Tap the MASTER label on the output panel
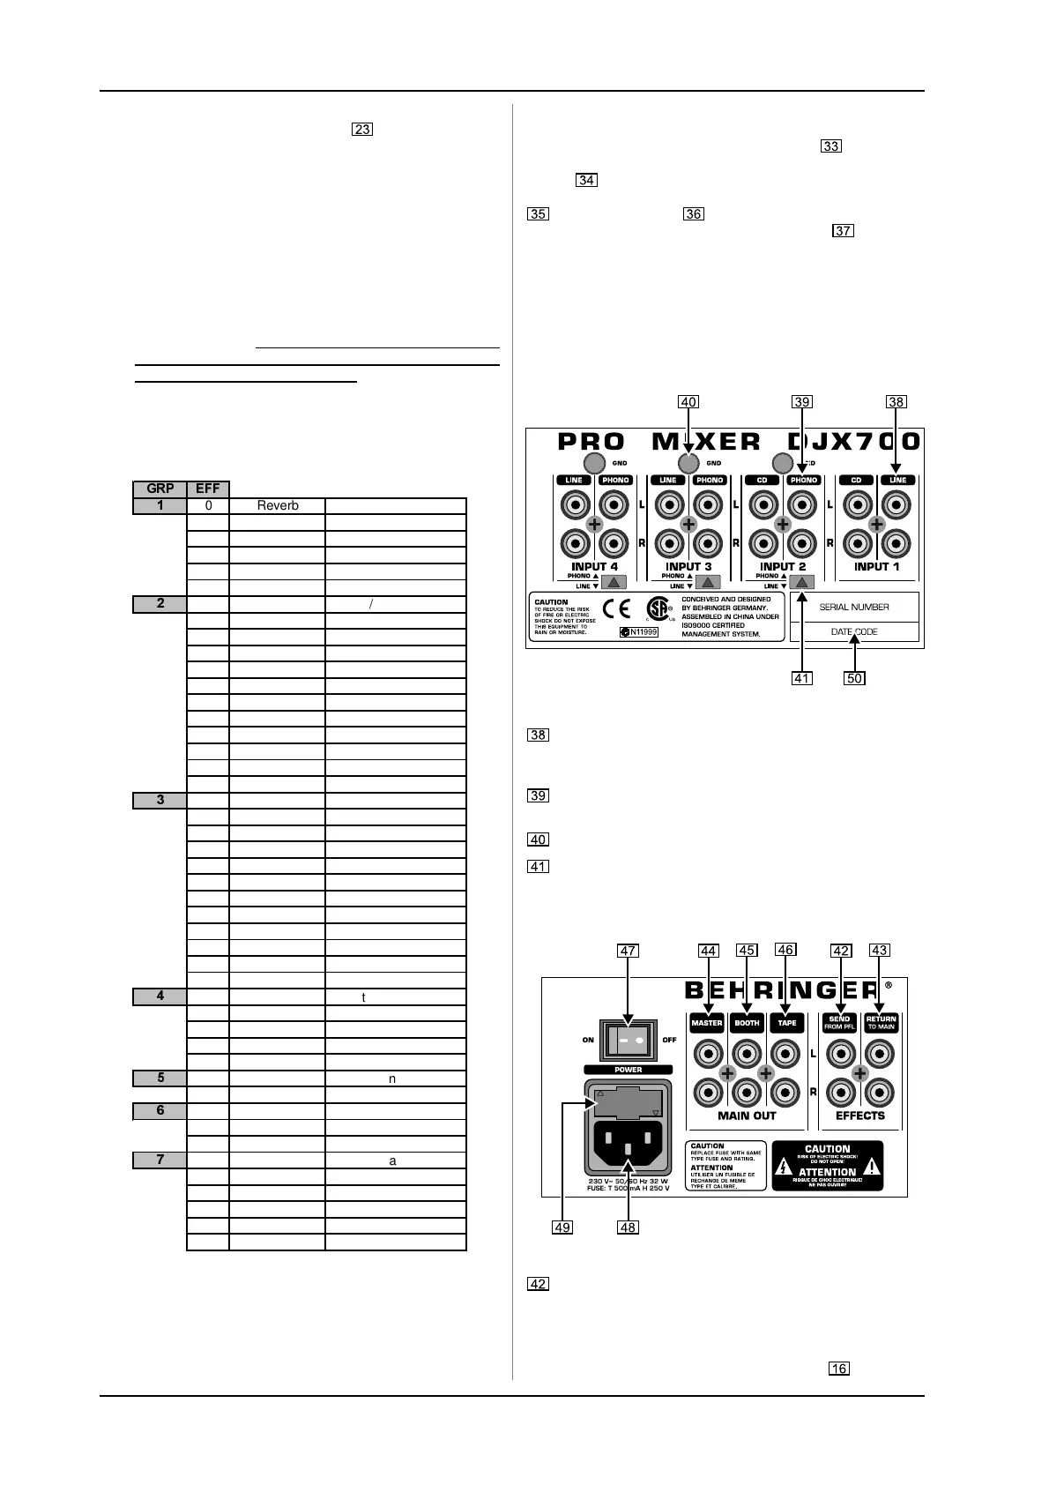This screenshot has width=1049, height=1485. (707, 1024)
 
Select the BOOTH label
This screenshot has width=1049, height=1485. (747, 1024)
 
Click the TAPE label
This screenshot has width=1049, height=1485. (786, 1024)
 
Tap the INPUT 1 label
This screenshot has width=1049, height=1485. (876, 566)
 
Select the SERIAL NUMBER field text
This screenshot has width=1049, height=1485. (854, 607)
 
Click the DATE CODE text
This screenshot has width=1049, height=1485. (854, 631)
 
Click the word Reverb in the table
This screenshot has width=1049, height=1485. (278, 505)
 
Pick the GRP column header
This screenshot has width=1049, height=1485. (160, 489)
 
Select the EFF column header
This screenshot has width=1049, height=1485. (208, 489)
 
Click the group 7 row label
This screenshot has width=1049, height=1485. (160, 1160)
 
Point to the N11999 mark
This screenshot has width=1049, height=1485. (638, 632)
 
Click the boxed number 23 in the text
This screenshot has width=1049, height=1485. (362, 130)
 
